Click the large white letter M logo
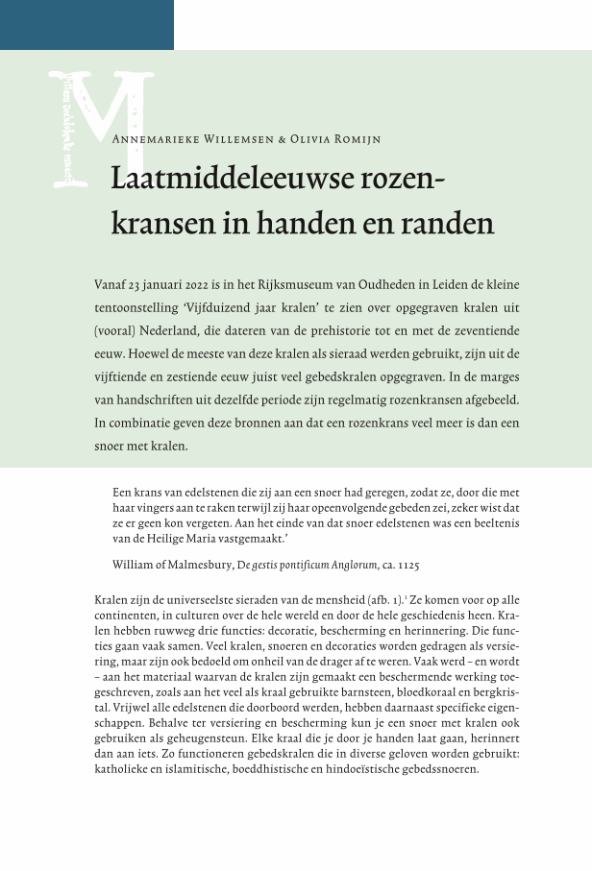click(x=101, y=125)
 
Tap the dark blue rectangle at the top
click(x=86, y=24)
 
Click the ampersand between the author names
click(x=282, y=139)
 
